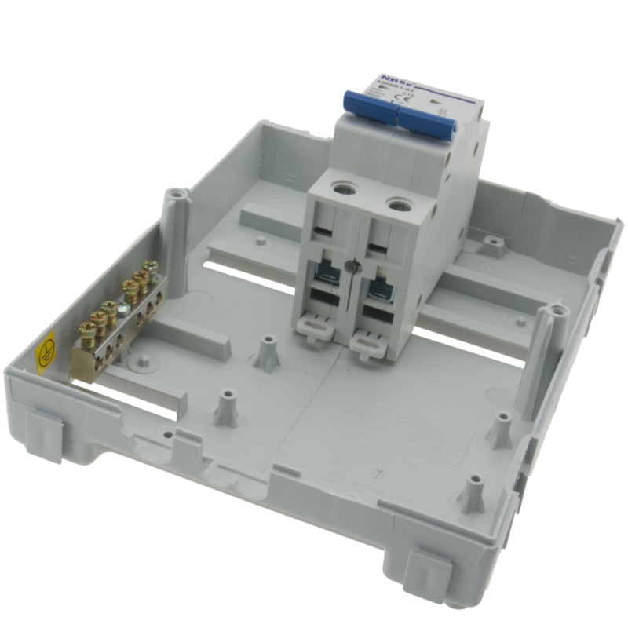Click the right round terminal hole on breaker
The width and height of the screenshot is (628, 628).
click(x=397, y=203)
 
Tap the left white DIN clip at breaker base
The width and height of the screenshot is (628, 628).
click(x=316, y=323)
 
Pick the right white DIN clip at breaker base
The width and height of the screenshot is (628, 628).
click(x=368, y=340)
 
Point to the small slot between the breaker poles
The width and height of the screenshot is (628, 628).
click(x=355, y=267)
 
